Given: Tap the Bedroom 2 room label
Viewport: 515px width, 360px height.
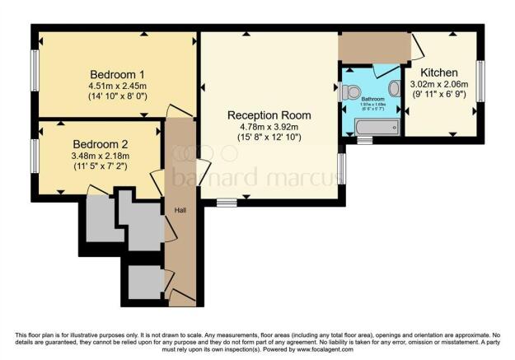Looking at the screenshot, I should point(100,143).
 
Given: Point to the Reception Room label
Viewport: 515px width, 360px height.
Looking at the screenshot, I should point(269,115).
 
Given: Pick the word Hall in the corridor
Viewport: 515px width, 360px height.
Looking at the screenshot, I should point(180,210).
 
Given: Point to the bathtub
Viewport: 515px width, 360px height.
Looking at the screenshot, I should point(377,126).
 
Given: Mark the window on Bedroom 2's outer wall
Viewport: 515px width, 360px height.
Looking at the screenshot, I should point(35,156).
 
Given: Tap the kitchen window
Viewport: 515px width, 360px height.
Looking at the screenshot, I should point(480,82).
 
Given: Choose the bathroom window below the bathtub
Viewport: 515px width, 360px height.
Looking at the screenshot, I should point(363,141).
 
